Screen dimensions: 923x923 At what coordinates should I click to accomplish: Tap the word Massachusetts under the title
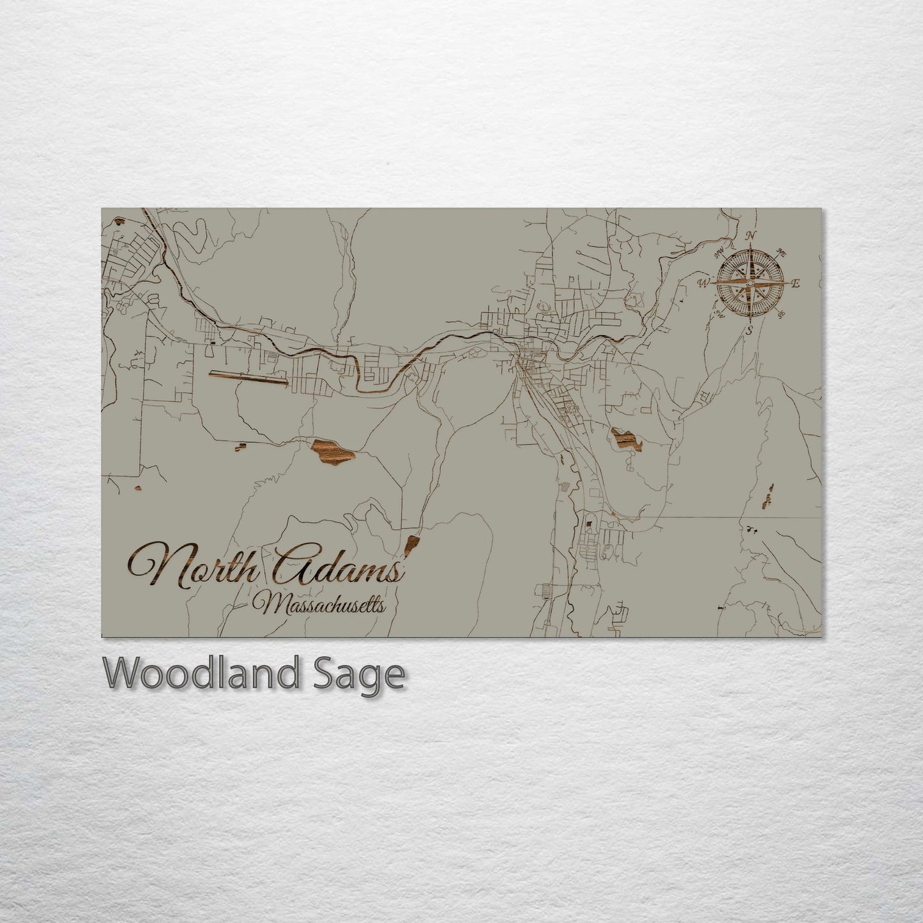click(x=321, y=603)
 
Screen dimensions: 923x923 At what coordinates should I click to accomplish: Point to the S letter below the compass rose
click(x=750, y=330)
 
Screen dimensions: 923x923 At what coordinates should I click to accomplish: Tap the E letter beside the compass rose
click(x=795, y=284)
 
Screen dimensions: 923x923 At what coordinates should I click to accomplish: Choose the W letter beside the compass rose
click(x=705, y=282)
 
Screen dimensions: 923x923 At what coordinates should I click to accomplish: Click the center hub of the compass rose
click(x=750, y=282)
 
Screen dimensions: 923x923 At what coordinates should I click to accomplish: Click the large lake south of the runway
click(x=332, y=452)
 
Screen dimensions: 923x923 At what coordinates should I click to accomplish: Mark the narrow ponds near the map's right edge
click(x=768, y=496)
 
